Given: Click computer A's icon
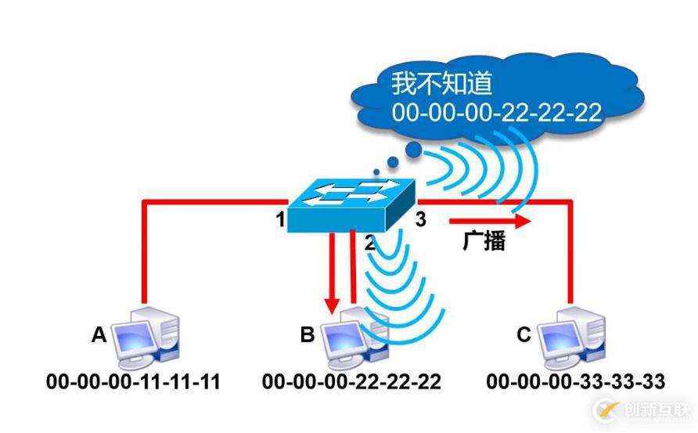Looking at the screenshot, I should tap(146, 338).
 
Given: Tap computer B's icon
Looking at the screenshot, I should tap(356, 338).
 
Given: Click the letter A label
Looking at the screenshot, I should tap(99, 335).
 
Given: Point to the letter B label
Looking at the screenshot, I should tap(308, 335).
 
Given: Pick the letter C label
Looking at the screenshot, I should tap(523, 335).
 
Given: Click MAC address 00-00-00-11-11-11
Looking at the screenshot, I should tap(133, 382).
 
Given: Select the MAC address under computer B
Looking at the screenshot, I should tap(351, 382).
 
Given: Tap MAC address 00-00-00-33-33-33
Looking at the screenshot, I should tap(575, 382).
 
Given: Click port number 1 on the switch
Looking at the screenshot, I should tap(280, 220).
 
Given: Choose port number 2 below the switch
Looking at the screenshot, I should tap(369, 243).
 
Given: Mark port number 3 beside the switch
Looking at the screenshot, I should tap(420, 220).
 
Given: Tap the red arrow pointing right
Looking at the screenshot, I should tap(490, 221).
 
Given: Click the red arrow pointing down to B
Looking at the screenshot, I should tap(333, 274).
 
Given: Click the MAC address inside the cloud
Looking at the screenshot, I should tap(497, 112).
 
